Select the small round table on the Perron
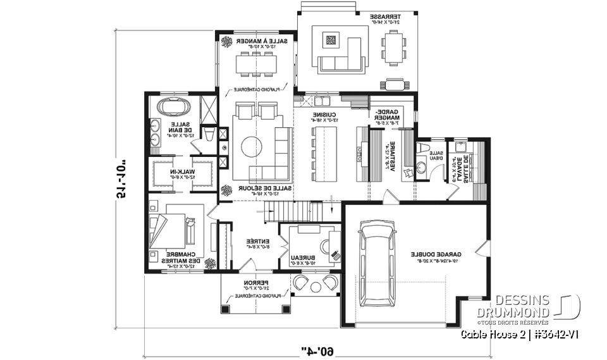click(313, 282)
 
